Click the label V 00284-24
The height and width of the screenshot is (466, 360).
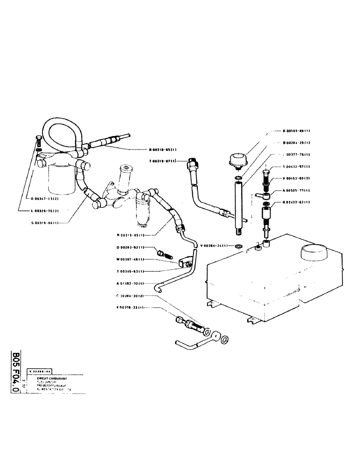point(214,246)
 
